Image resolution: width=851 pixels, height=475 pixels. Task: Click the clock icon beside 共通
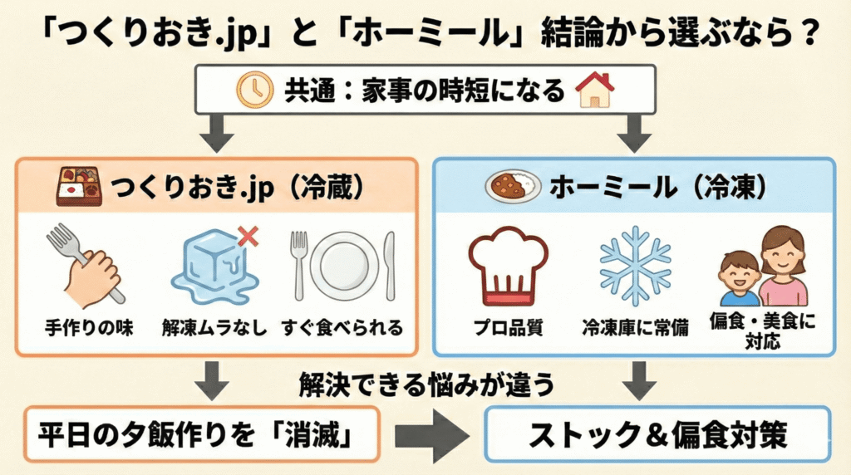click(x=254, y=90)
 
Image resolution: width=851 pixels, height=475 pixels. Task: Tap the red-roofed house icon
click(x=595, y=90)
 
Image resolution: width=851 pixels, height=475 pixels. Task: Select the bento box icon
click(x=79, y=186)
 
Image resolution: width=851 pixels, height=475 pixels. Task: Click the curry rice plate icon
click(x=512, y=186)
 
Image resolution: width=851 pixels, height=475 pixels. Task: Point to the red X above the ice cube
click(x=248, y=237)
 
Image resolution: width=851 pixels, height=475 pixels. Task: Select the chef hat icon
click(x=509, y=266)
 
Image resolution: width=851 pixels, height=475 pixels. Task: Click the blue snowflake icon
click(x=635, y=266)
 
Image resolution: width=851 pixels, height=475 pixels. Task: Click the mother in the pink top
click(x=782, y=266)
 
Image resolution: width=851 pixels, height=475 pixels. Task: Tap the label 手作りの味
click(x=89, y=328)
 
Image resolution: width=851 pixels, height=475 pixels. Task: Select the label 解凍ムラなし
click(x=214, y=328)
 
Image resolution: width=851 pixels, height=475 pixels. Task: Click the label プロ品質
click(x=509, y=328)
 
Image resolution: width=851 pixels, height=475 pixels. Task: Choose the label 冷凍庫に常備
click(x=635, y=328)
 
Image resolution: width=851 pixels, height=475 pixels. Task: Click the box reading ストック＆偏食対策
click(x=658, y=434)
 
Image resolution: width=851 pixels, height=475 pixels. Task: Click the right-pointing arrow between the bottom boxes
click(x=432, y=435)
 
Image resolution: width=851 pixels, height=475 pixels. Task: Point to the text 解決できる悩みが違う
click(x=426, y=385)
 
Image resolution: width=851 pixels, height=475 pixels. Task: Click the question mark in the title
click(x=808, y=32)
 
